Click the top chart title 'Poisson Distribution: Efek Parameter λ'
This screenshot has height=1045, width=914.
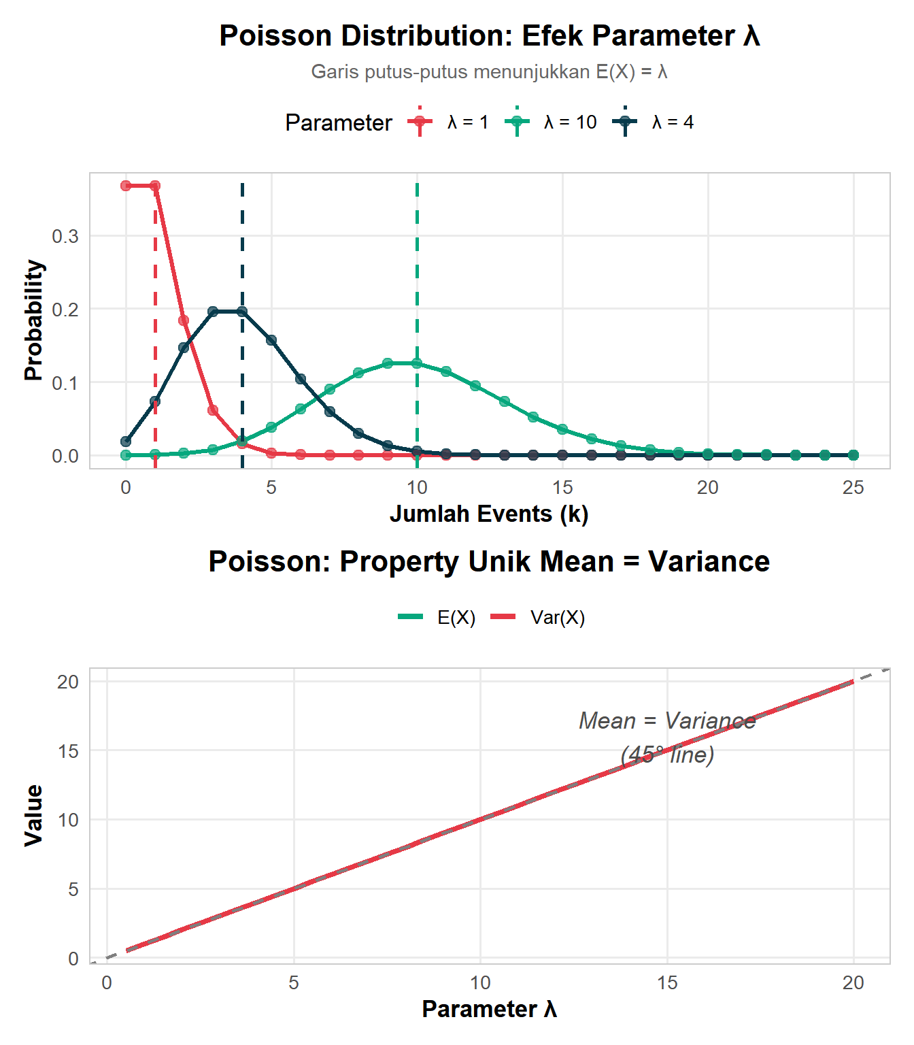(489, 36)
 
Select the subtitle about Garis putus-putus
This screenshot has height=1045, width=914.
(489, 72)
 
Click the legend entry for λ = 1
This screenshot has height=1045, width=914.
(449, 122)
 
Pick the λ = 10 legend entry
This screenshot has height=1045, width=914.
(552, 122)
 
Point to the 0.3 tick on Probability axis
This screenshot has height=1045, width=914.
(65, 236)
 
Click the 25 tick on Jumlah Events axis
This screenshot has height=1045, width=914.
(853, 488)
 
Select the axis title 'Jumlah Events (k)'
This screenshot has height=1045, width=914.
(489, 514)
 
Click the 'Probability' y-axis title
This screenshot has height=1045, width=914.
(33, 320)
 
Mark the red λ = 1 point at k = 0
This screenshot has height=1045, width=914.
(126, 186)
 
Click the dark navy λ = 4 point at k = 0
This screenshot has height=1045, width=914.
(126, 441)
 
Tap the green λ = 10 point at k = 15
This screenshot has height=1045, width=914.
(562, 429)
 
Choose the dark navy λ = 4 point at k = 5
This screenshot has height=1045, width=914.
(271, 340)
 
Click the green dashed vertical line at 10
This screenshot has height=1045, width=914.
(417, 272)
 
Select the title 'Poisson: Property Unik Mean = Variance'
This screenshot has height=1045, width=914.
(489, 562)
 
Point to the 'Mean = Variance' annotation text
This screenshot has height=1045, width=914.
(667, 721)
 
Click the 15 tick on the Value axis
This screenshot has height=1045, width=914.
(68, 751)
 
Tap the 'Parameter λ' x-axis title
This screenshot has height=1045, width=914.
(489, 1009)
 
